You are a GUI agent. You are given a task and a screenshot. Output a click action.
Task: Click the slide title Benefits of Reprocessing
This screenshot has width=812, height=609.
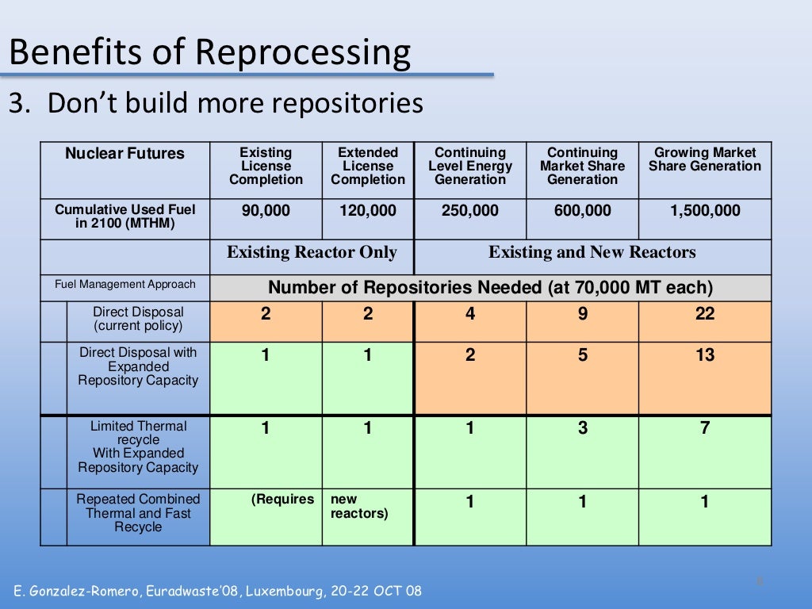(209, 52)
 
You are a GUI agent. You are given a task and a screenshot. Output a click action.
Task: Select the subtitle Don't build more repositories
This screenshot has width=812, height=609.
(216, 103)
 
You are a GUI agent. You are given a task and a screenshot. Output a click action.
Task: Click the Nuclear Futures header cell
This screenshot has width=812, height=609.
(124, 154)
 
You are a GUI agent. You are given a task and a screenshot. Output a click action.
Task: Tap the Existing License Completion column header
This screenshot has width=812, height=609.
(266, 167)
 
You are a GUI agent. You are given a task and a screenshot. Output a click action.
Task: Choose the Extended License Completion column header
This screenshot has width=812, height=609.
(368, 167)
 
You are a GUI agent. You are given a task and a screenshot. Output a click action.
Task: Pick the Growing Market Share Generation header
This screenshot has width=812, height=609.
(704, 159)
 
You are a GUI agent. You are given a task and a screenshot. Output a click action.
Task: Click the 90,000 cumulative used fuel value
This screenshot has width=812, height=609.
(266, 211)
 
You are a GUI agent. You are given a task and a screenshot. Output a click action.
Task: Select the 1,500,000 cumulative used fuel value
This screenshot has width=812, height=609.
(704, 211)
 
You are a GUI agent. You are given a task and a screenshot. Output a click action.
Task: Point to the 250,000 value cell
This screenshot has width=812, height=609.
(470, 211)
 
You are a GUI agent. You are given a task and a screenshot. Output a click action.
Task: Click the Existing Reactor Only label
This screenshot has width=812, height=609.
(312, 253)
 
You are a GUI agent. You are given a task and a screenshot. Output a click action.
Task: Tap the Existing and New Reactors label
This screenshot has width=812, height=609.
(592, 253)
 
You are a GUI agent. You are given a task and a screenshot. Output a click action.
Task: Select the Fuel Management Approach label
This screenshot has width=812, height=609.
(124, 284)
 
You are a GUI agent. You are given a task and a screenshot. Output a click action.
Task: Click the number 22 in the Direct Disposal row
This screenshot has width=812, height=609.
(704, 314)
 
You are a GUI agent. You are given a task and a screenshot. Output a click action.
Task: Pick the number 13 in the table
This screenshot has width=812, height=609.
(704, 355)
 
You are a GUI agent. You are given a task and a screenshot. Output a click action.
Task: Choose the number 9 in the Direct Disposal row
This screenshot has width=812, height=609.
(583, 314)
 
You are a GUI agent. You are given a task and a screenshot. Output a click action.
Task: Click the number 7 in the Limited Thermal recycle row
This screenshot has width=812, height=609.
(704, 429)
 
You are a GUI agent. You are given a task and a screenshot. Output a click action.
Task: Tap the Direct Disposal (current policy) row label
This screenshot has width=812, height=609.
(138, 319)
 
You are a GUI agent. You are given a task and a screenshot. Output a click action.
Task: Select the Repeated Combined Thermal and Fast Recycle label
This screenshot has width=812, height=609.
(138, 513)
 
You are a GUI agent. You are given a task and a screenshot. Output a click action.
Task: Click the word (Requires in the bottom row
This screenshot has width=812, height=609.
(282, 500)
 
